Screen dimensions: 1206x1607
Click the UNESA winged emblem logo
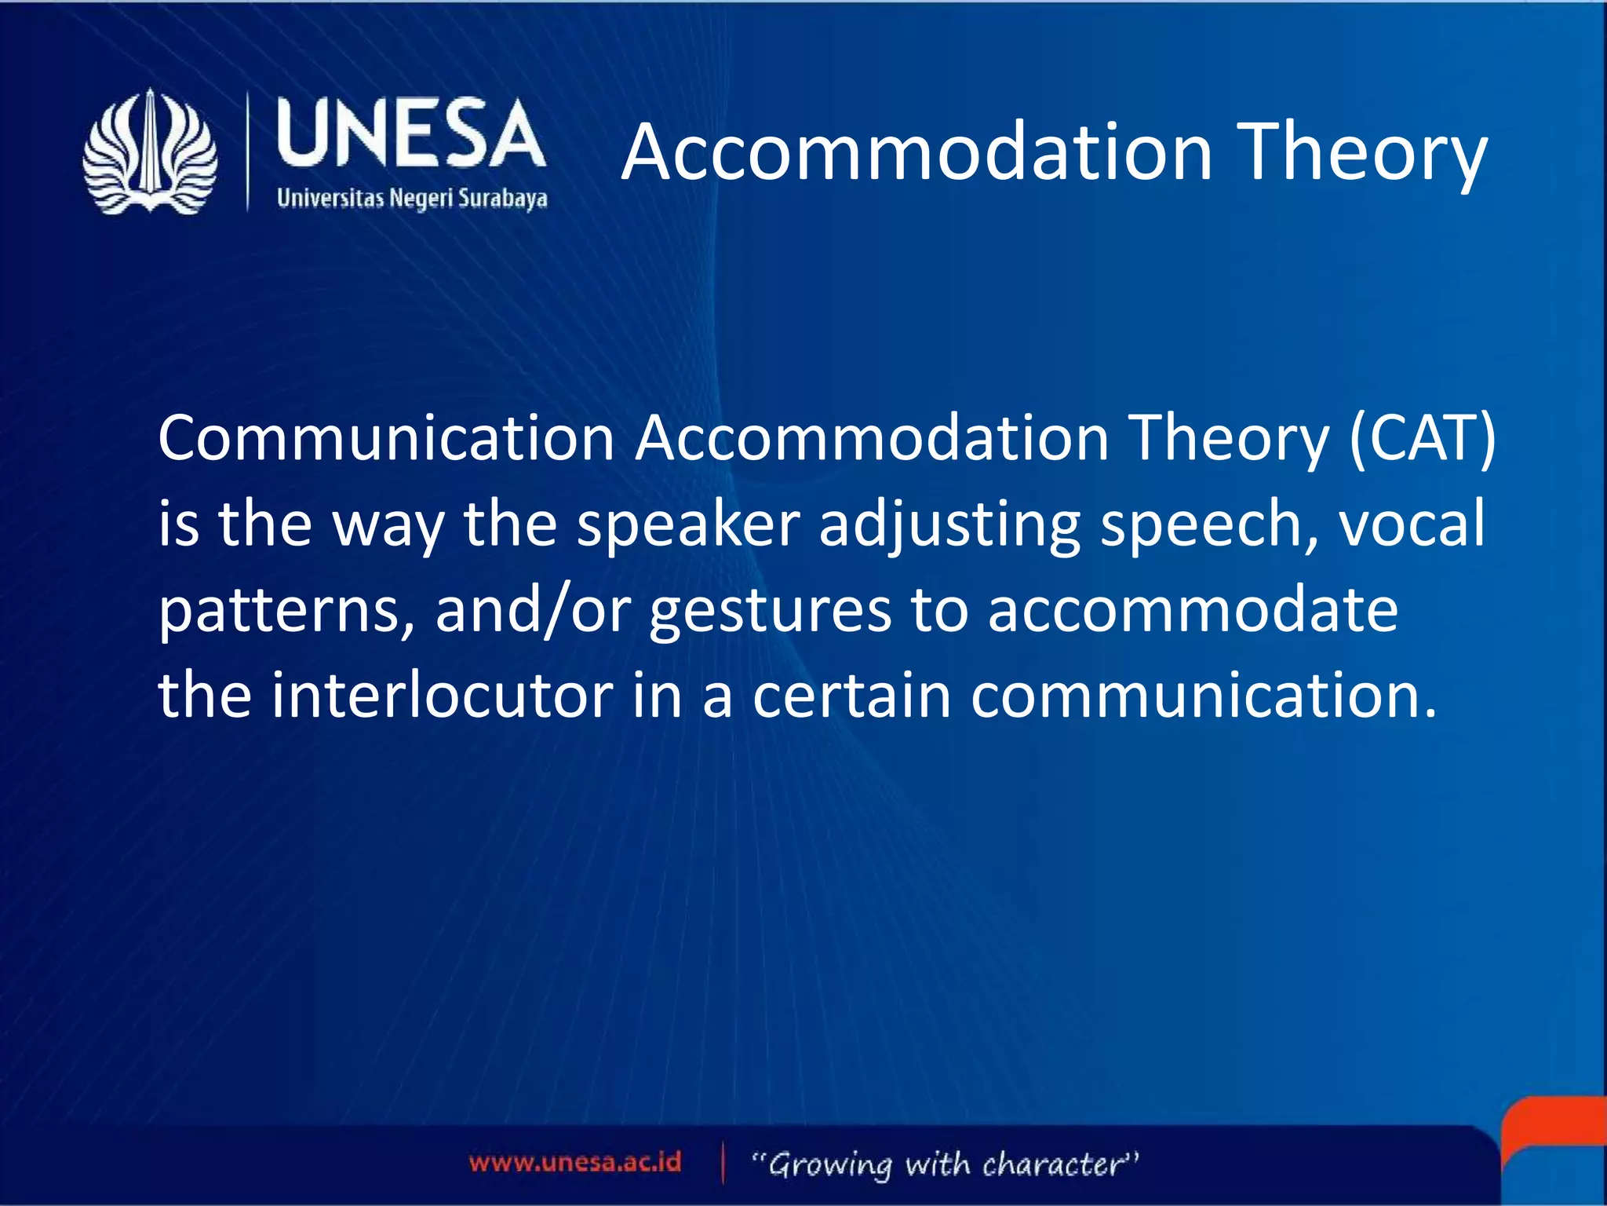150,152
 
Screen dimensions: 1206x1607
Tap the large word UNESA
410,134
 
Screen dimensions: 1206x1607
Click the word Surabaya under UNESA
502,198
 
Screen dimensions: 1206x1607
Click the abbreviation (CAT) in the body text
1422,438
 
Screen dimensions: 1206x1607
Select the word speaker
688,524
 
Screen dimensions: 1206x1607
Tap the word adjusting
949,524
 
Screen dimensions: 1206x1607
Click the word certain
852,695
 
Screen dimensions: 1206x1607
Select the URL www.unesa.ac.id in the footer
575,1162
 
